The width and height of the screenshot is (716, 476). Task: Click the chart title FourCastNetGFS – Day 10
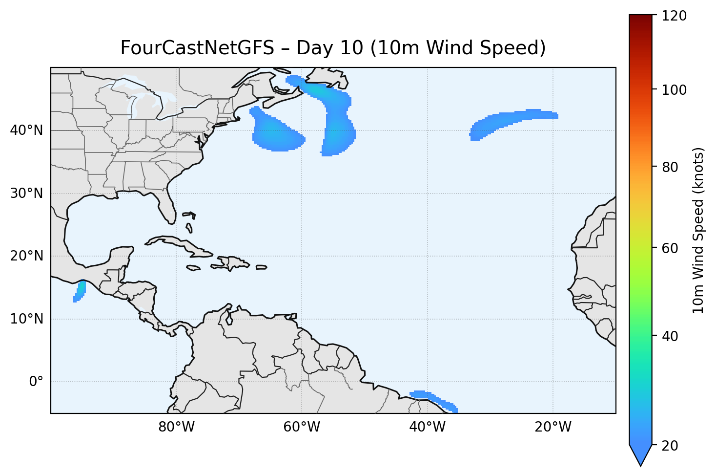pos(333,48)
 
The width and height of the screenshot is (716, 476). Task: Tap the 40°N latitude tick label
pos(26,130)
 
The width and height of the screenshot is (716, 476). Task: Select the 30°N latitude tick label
pos(26,194)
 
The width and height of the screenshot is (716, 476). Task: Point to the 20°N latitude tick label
pos(26,256)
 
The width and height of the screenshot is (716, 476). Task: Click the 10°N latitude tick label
pos(26,319)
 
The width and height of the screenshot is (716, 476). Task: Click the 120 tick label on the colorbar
pos(675,16)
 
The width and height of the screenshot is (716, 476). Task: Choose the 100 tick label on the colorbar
pos(675,90)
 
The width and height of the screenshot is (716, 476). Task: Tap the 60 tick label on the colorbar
pos(672,248)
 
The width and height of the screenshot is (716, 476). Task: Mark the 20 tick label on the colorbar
pos(672,446)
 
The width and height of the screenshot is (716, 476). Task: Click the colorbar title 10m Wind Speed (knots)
pos(698,231)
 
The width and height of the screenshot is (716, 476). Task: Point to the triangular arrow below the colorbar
pos(641,454)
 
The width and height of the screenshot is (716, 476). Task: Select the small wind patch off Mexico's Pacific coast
pos(80,291)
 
